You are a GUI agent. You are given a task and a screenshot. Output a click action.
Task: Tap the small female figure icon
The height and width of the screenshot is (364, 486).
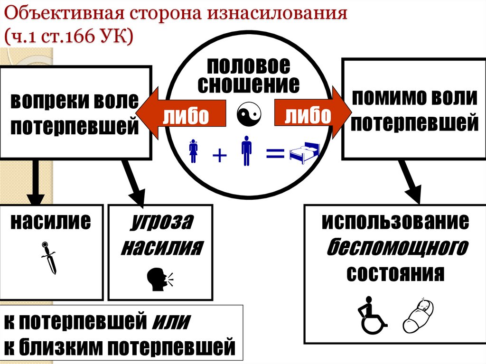click(x=194, y=150)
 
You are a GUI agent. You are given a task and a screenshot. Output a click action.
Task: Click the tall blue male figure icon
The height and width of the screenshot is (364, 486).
click(x=246, y=150)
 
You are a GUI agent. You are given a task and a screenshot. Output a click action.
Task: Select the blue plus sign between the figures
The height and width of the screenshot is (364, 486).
click(x=219, y=155)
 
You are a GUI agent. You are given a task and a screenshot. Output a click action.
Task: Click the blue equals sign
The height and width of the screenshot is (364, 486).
click(x=275, y=153)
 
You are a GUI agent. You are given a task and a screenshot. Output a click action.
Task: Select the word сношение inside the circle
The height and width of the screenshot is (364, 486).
click(x=249, y=84)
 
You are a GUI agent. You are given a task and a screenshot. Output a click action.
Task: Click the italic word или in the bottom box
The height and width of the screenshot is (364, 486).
click(x=171, y=323)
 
